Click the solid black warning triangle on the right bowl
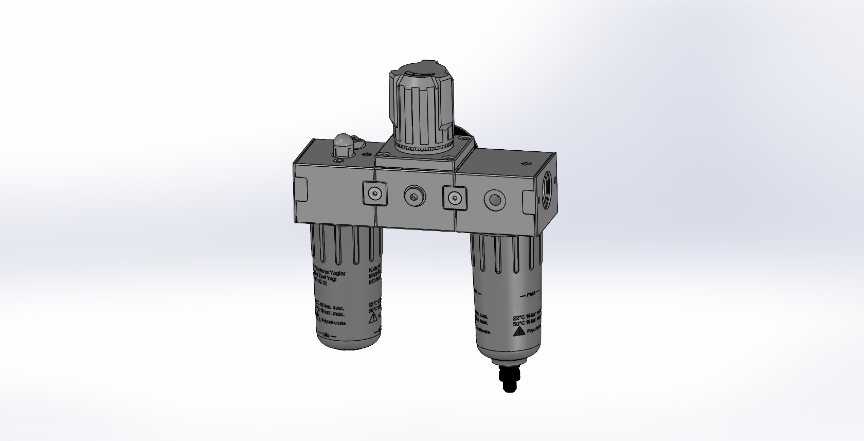click(x=519, y=332)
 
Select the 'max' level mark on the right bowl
click(x=530, y=296)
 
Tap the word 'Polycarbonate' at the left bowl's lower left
click(x=334, y=323)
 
